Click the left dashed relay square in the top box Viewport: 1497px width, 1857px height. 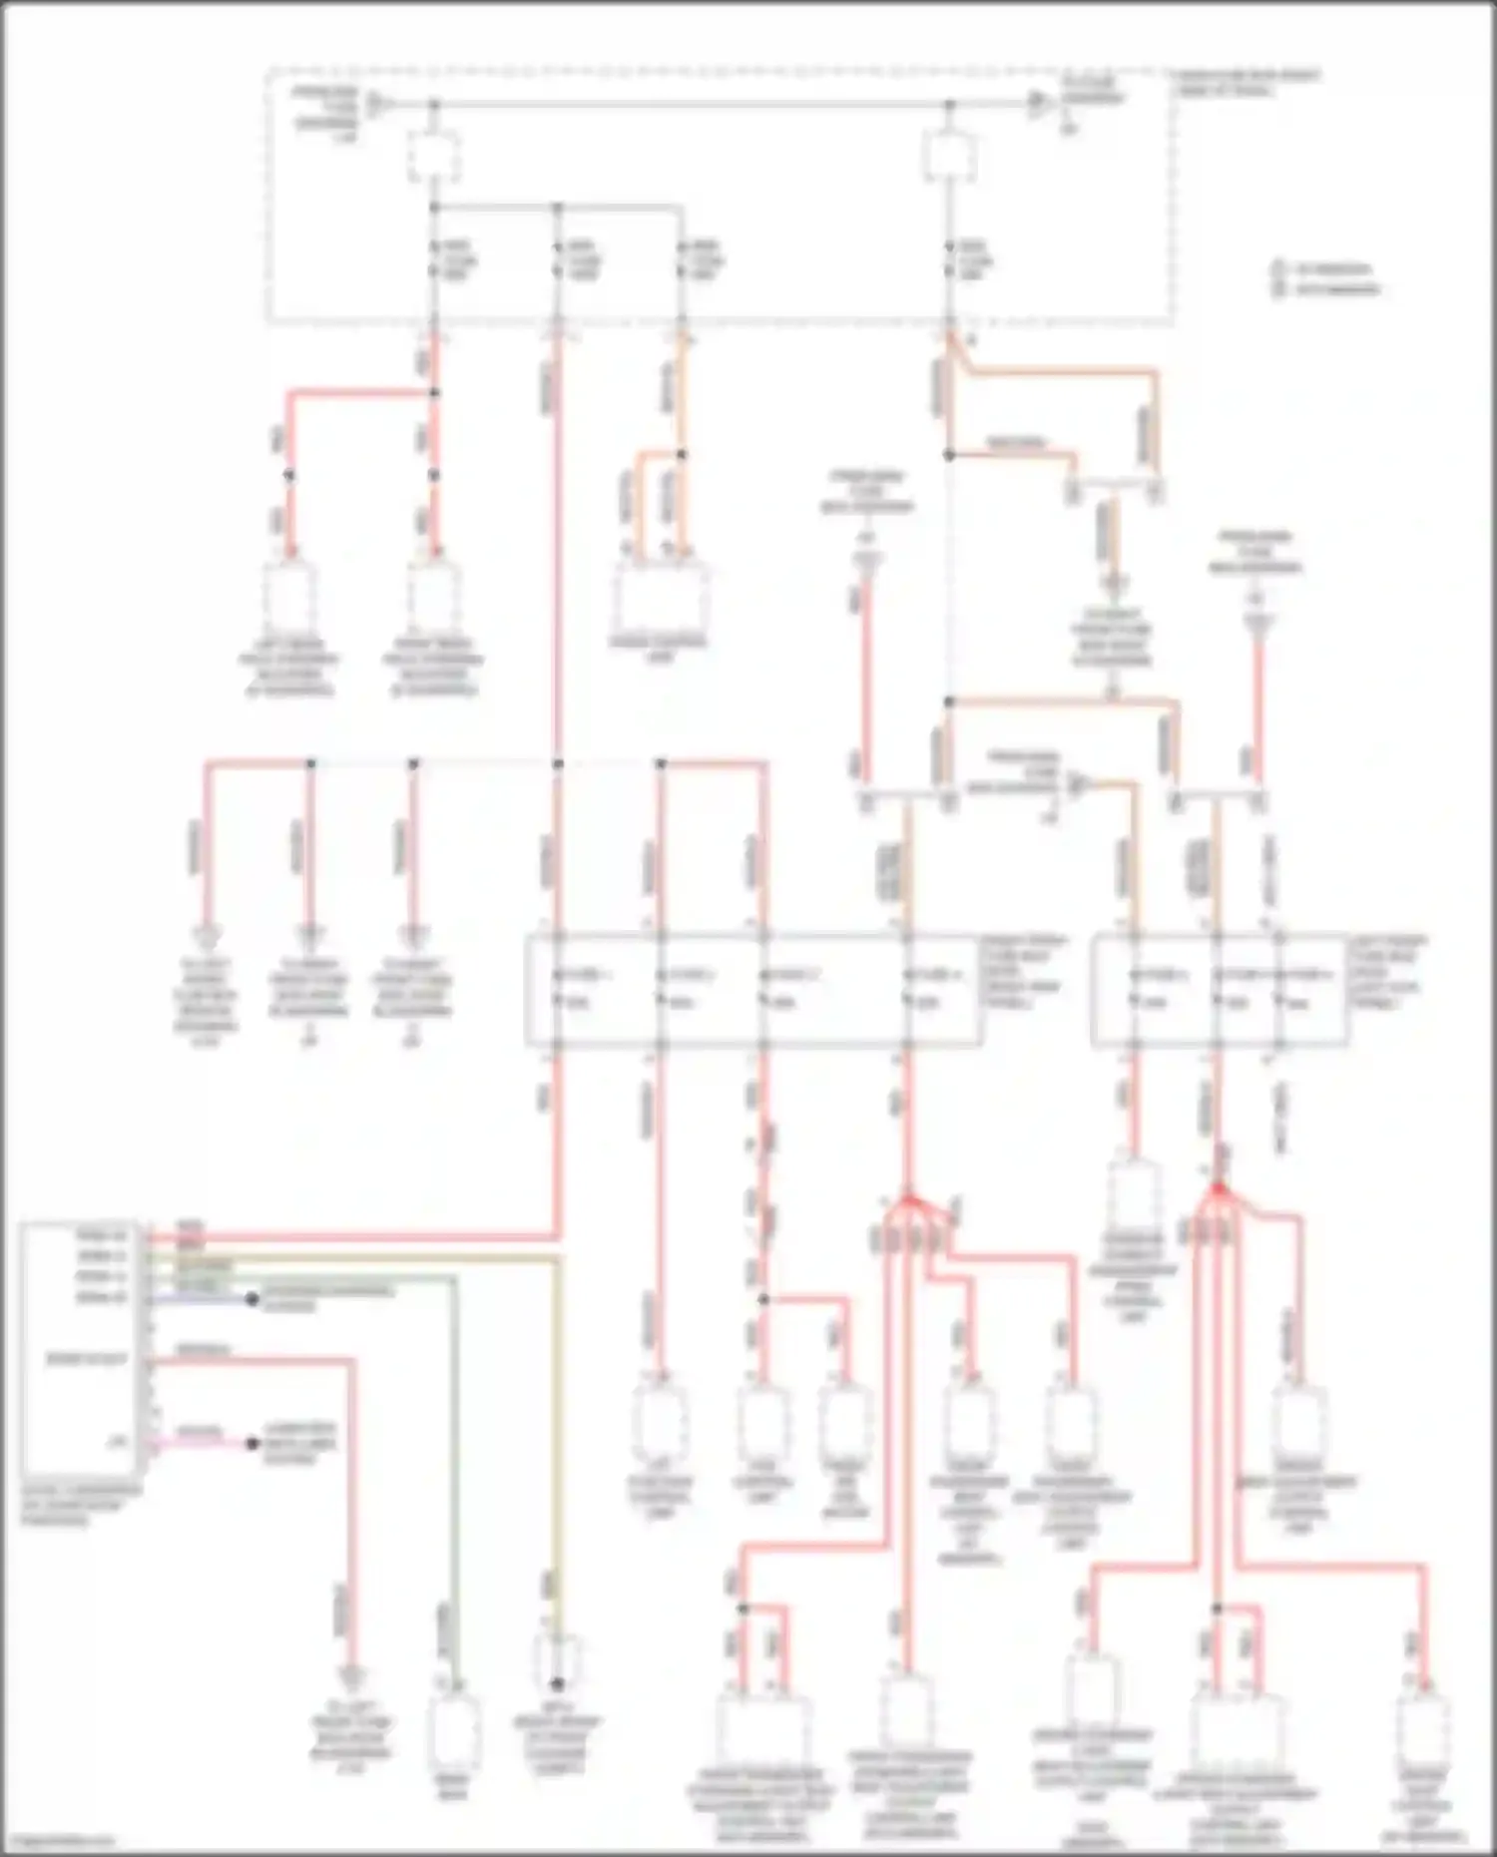434,158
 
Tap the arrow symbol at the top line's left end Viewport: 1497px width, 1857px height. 376,103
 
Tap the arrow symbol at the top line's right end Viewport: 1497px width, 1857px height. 1040,103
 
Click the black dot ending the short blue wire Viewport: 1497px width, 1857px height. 252,1299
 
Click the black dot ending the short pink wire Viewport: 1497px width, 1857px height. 252,1444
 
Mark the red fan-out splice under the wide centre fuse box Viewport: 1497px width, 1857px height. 907,1196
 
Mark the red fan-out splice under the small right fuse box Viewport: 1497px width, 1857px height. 1217,1189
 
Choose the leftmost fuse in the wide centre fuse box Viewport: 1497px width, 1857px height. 558,988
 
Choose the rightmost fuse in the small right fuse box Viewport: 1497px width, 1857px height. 1279,988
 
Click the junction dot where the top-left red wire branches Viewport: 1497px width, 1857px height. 434,393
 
